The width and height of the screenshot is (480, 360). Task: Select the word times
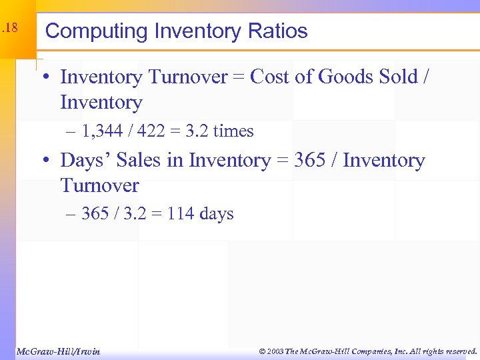pos(233,131)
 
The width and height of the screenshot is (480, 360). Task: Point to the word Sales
pos(138,161)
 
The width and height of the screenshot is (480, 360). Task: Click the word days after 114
pos(217,214)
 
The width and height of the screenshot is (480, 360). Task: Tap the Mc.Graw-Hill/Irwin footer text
pos(57,351)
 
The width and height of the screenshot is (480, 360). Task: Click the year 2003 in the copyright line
pos(275,351)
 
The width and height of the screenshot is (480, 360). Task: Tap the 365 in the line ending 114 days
pos(95,214)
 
